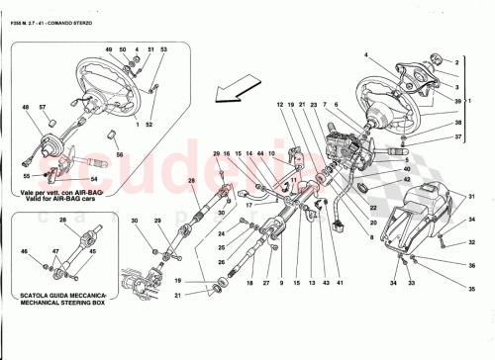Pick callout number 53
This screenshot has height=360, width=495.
coord(163,49)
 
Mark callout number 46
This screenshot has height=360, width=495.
coord(26,253)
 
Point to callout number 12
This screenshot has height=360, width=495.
coord(280,105)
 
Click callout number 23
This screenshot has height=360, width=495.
coord(314,105)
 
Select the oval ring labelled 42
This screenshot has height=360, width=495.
coord(363,188)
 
